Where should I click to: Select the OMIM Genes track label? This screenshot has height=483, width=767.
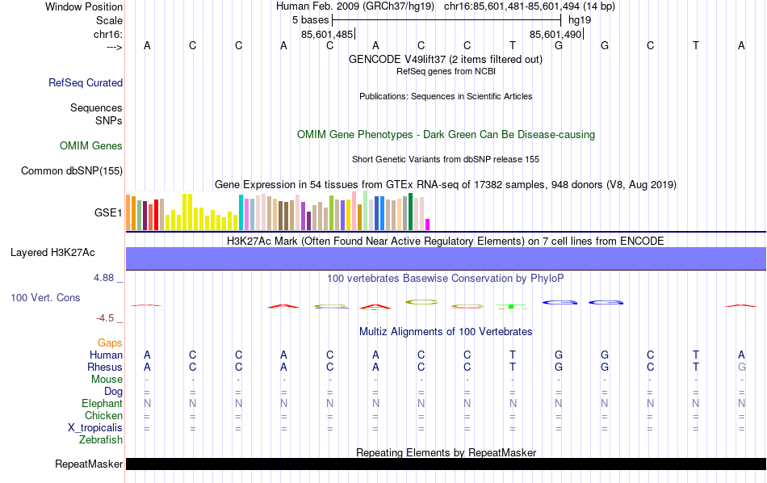tap(91, 146)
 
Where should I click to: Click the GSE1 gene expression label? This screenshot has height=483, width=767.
tap(108, 213)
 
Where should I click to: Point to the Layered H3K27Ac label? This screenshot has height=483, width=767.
tap(52, 253)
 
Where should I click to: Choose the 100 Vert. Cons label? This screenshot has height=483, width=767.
tap(45, 298)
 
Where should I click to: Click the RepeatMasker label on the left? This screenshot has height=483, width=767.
tap(89, 464)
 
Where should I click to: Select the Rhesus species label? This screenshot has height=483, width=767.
tap(104, 367)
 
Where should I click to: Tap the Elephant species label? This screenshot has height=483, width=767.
tap(102, 404)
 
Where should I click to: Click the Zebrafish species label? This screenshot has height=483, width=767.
tap(101, 440)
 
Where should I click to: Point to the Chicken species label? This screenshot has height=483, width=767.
tap(103, 416)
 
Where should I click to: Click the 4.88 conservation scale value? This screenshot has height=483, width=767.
tap(105, 278)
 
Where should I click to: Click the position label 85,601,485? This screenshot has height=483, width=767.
tap(327, 35)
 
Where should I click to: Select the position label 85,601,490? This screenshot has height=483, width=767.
tap(555, 35)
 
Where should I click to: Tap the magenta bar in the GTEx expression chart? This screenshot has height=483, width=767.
tap(428, 225)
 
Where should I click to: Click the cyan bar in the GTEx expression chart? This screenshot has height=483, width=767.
tap(241, 212)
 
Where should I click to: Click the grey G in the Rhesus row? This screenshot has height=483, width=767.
tap(741, 367)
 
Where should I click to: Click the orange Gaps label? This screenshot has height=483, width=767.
tap(110, 343)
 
